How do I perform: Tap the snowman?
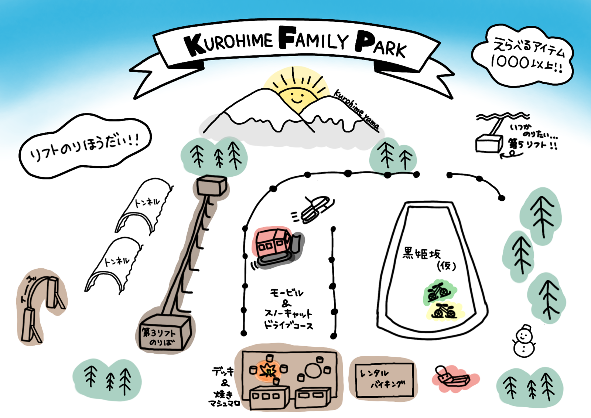tap(524, 342)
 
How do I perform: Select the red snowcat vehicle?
tap(277, 246)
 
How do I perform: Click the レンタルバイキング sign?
tap(384, 380)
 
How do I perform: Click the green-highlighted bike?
tap(439, 292)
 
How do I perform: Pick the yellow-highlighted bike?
tap(444, 311)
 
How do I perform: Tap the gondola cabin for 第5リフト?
tap(488, 143)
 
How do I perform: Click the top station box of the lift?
tap(211, 186)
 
